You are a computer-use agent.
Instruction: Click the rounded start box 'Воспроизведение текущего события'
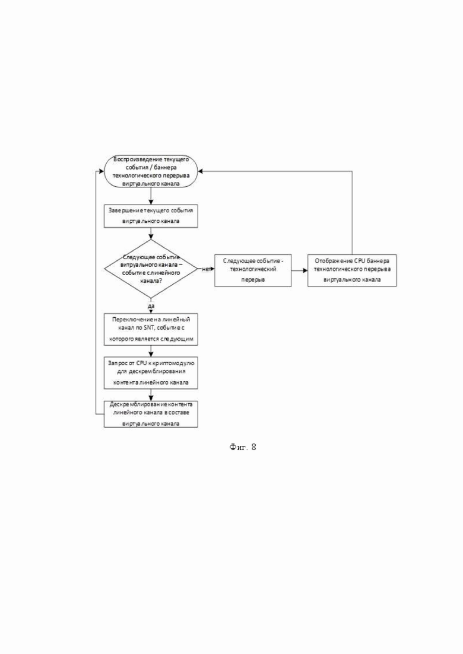point(151,171)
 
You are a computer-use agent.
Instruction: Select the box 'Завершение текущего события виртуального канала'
point(151,216)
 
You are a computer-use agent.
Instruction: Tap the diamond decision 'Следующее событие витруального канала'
point(151,269)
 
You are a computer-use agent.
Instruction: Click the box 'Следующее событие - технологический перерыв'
point(253,270)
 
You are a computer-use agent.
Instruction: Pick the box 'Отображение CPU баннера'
point(352,270)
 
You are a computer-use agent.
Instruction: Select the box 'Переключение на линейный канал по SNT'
point(151,330)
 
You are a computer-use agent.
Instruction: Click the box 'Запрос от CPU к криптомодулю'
point(151,373)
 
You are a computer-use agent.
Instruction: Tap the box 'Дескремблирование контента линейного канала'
point(151,414)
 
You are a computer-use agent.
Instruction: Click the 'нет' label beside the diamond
point(206,269)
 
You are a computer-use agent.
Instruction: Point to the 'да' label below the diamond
point(151,306)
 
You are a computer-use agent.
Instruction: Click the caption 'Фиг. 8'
point(243,447)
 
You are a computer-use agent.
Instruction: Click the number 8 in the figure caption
point(253,447)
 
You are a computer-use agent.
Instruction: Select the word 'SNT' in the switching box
point(150,328)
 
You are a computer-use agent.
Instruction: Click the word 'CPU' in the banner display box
point(360,261)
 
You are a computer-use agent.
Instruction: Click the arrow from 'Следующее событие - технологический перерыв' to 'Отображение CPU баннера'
point(299,270)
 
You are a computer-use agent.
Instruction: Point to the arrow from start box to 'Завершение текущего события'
point(151,196)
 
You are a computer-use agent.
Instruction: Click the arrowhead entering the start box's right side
point(201,171)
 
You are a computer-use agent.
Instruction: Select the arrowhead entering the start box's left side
point(101,171)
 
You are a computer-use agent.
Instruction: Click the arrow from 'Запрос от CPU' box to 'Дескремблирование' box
point(151,395)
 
